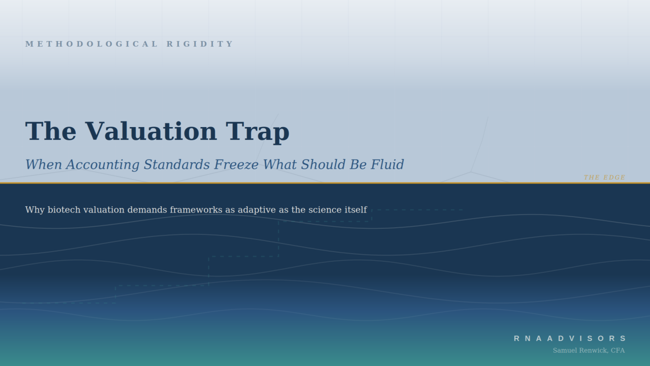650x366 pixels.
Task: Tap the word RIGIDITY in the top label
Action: click(200, 44)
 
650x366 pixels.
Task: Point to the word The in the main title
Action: click(51, 132)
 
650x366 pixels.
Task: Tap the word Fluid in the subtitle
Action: click(387, 165)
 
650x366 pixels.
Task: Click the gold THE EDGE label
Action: click(604, 177)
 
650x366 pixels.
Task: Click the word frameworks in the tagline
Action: click(196, 210)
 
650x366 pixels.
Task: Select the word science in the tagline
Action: click(325, 210)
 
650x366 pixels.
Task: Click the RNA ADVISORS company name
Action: click(570, 339)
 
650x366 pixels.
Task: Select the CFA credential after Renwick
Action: click(617, 350)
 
